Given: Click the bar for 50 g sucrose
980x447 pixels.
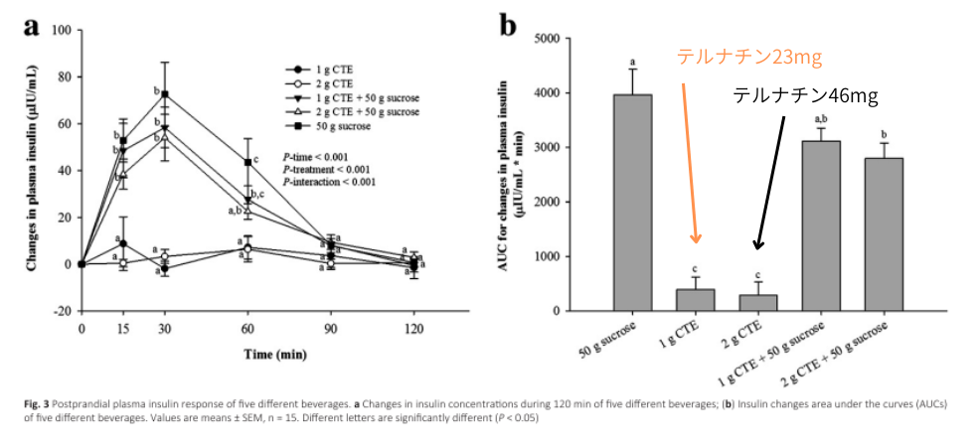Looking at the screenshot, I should [x=632, y=203].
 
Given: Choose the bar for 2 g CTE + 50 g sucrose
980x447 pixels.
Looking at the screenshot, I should [x=884, y=234].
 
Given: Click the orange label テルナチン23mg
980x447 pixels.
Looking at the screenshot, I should [x=749, y=57].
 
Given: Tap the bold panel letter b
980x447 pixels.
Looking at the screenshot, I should [x=508, y=26].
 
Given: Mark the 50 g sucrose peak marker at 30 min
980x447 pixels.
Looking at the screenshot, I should [x=165, y=94].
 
